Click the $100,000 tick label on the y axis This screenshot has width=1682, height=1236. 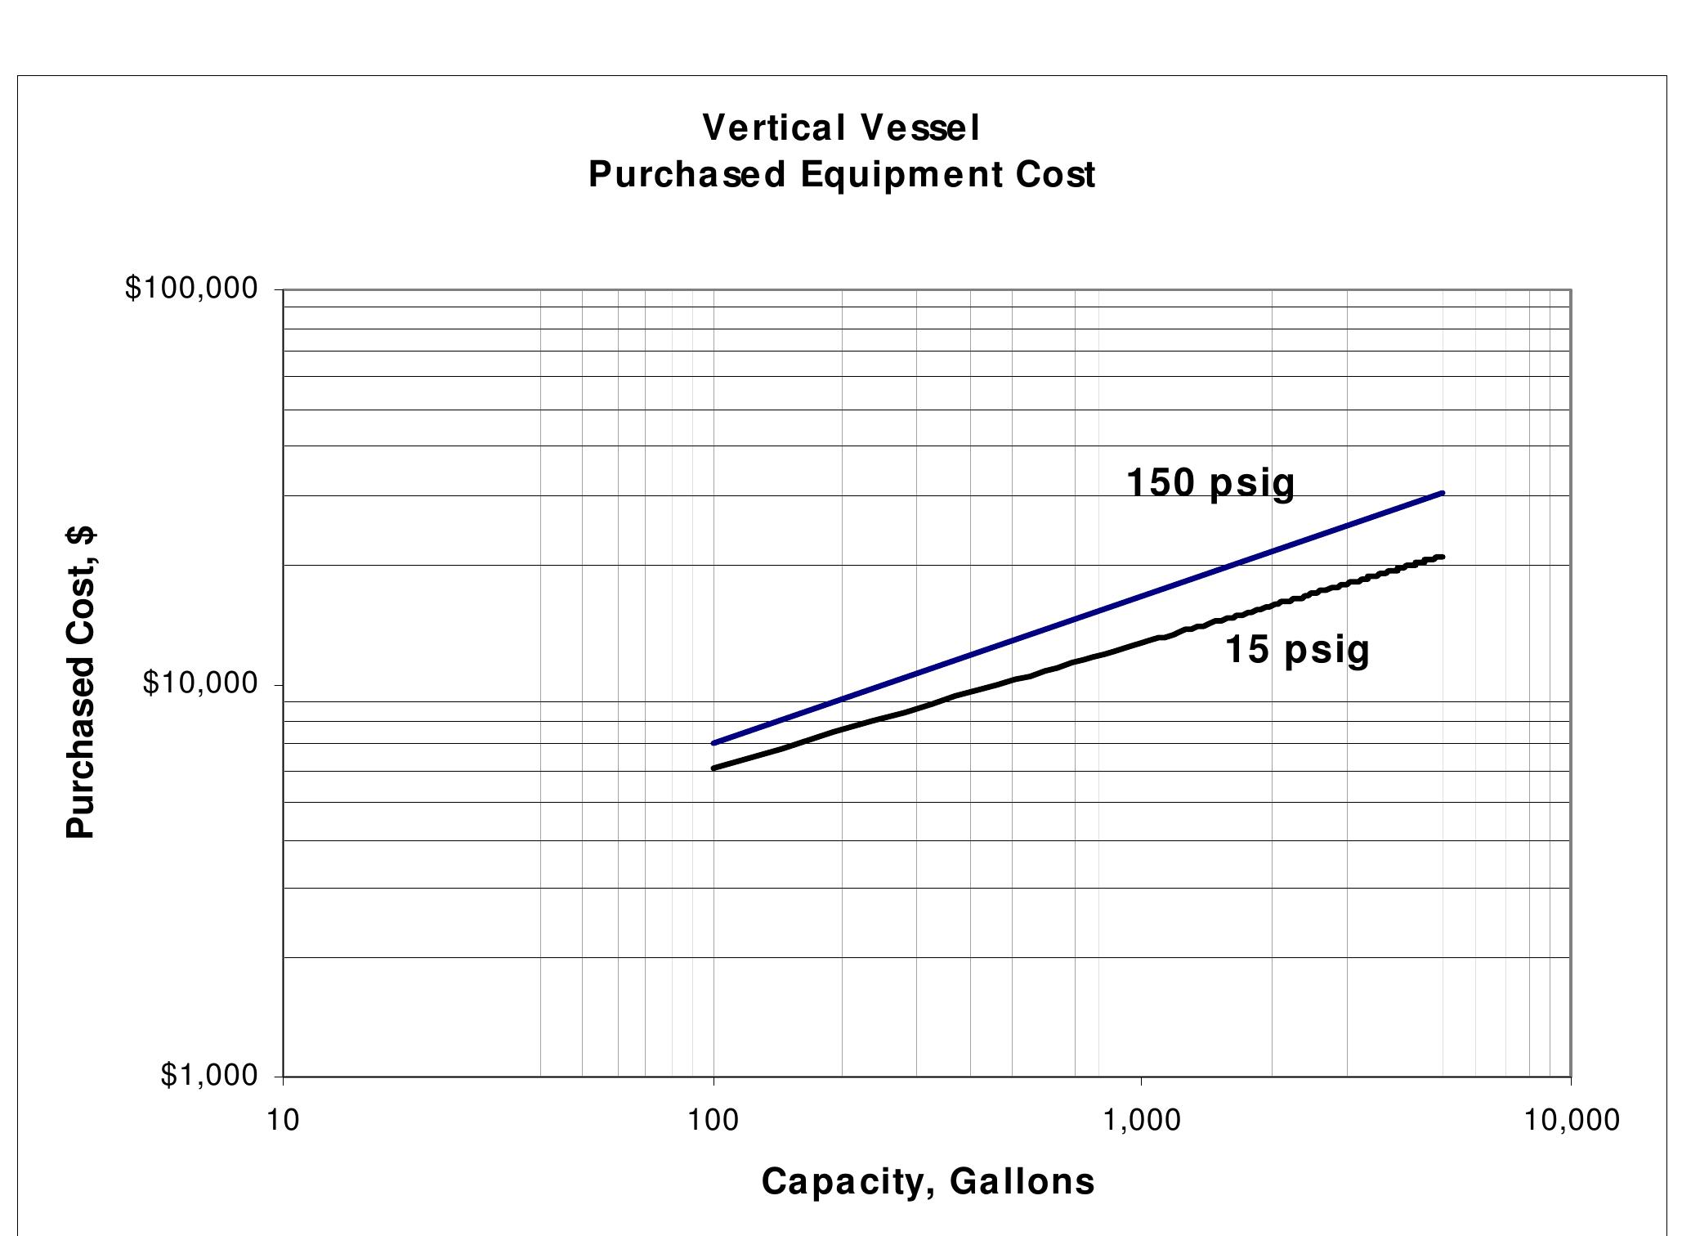pyautogui.click(x=191, y=289)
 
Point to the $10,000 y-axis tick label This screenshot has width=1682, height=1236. pyautogui.click(x=200, y=683)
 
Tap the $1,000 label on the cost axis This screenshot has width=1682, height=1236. pyautogui.click(x=209, y=1076)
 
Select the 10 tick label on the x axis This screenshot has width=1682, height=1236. pyautogui.click(x=283, y=1120)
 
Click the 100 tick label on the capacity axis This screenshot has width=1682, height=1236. pyautogui.click(x=714, y=1120)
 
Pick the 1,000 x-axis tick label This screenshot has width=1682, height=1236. pyautogui.click(x=1142, y=1120)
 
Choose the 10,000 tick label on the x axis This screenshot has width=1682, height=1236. pyautogui.click(x=1571, y=1120)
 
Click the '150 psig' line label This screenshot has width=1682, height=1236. pyautogui.click(x=1210, y=483)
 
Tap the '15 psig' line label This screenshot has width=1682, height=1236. pyautogui.click(x=1297, y=650)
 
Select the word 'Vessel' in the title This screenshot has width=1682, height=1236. pyautogui.click(x=919, y=128)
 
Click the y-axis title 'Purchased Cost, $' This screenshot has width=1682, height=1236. pyautogui.click(x=80, y=683)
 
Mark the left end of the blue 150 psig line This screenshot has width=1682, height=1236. pyautogui.click(x=714, y=742)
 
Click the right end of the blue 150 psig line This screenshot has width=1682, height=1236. pyautogui.click(x=1443, y=493)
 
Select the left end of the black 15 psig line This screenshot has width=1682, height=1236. pyautogui.click(x=714, y=768)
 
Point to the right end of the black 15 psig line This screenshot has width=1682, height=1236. pyautogui.click(x=1443, y=557)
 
